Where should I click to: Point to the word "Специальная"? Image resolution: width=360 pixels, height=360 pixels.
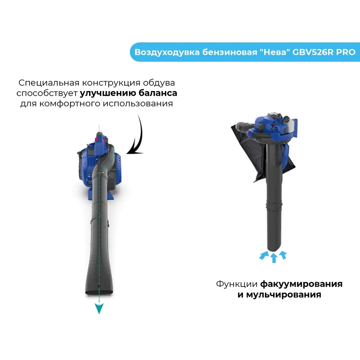point(49,83)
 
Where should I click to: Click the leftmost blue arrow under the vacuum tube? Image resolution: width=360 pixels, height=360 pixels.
point(264,255)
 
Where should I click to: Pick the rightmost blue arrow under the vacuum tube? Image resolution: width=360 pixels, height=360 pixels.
point(283,255)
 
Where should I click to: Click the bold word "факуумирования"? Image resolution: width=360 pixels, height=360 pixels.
point(301,284)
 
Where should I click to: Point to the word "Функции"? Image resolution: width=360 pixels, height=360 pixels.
point(237,284)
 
